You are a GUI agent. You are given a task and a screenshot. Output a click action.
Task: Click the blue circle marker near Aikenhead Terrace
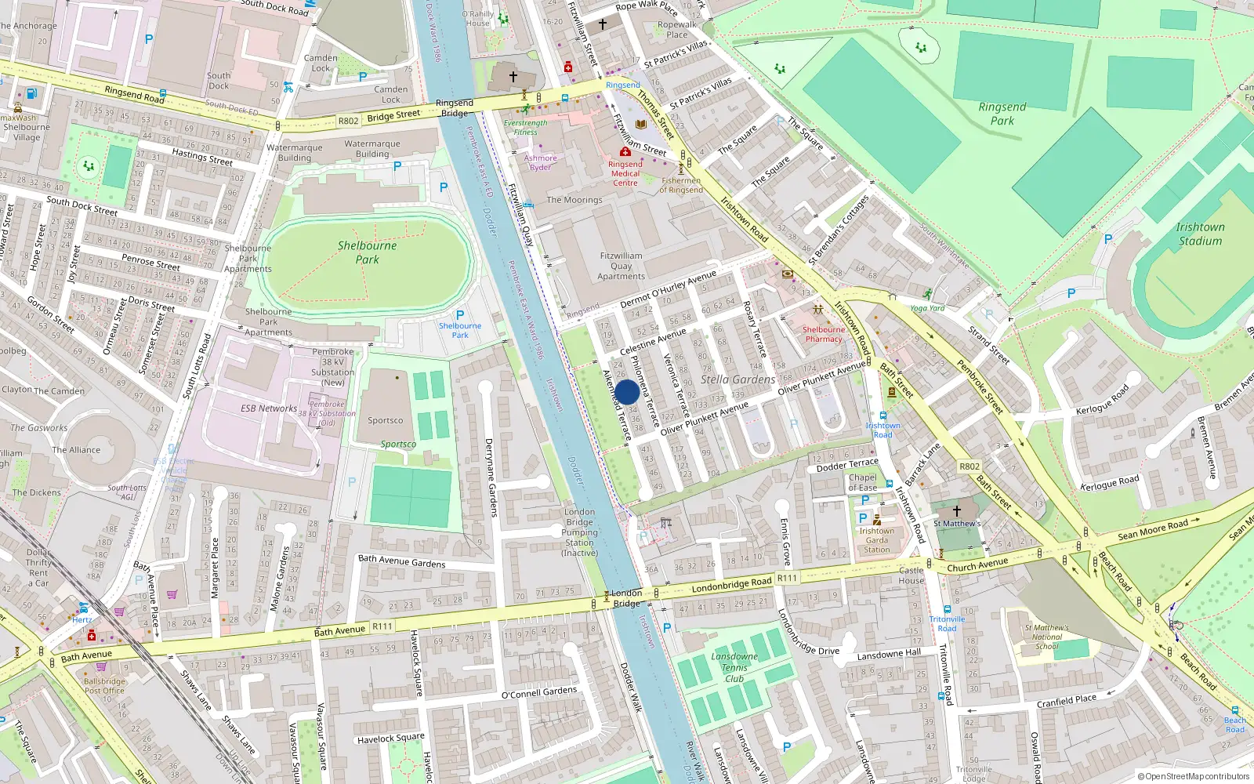(627, 392)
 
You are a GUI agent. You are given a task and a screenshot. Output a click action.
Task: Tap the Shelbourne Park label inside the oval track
(367, 252)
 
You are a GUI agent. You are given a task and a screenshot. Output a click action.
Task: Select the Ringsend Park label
(1002, 114)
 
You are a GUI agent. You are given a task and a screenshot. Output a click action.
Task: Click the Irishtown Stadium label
(1199, 234)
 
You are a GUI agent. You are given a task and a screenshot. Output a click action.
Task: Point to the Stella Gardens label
(738, 379)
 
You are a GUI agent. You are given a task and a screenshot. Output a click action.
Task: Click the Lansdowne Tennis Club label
(734, 667)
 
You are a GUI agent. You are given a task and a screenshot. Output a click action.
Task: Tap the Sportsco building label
(386, 420)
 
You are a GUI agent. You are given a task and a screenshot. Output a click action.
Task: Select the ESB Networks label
(269, 408)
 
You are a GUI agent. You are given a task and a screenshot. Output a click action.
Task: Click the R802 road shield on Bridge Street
(348, 121)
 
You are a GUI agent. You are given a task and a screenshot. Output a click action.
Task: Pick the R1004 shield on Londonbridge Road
(787, 578)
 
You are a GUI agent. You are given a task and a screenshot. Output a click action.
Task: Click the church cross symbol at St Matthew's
(956, 510)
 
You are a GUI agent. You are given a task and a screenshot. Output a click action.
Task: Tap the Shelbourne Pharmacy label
(824, 334)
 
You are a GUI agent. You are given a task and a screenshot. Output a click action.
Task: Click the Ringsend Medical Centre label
(625, 173)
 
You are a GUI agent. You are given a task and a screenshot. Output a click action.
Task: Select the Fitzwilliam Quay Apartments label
(621, 266)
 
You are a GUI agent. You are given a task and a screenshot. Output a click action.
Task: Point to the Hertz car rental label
(82, 619)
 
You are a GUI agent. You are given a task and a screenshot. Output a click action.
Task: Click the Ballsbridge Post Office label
(104, 686)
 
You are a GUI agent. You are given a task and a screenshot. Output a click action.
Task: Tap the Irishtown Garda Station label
(876, 540)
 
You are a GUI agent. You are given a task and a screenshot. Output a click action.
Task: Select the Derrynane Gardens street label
(491, 477)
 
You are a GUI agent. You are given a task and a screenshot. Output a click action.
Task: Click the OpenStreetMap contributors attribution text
(1193, 776)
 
